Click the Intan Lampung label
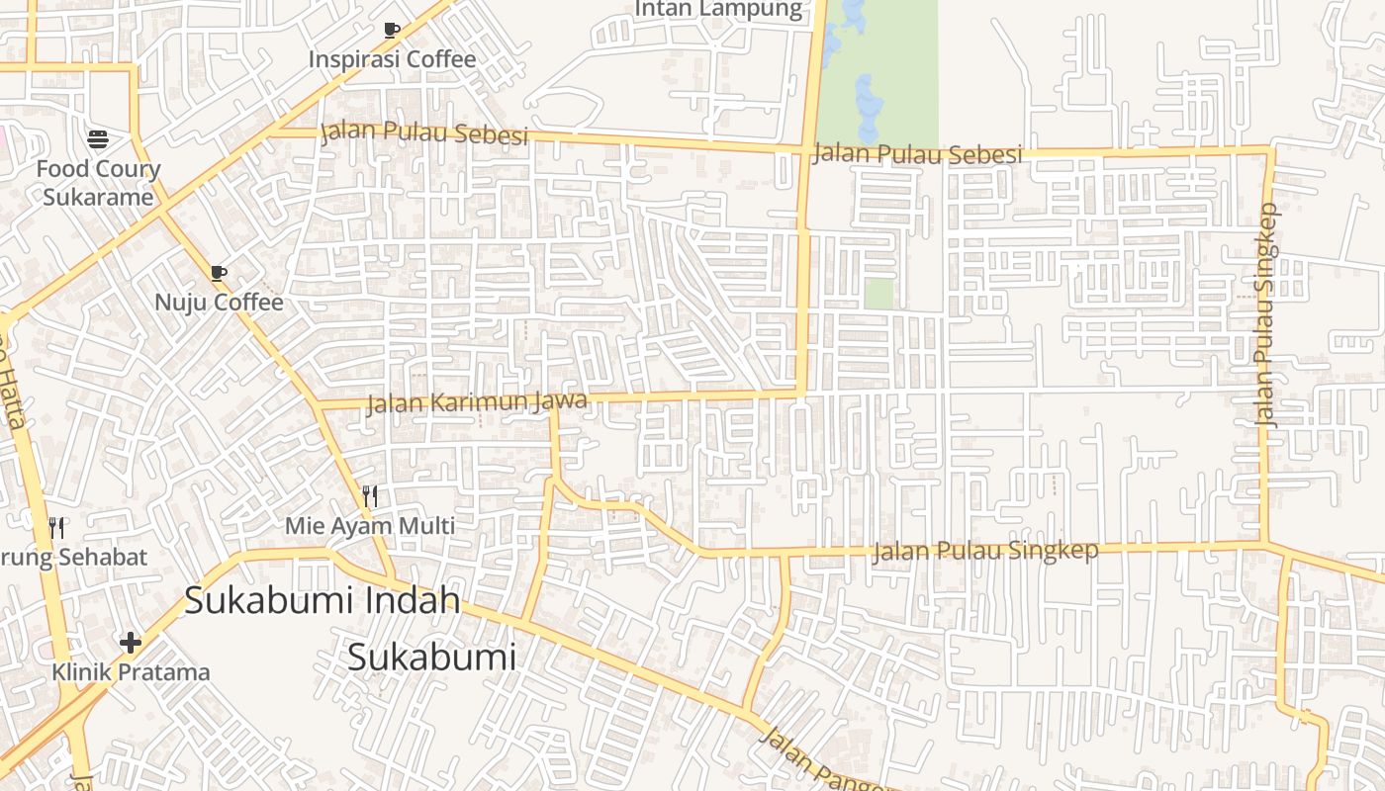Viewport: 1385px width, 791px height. (717, 9)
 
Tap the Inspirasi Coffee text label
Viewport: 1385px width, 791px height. (392, 59)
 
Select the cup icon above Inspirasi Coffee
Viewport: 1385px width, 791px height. (392, 30)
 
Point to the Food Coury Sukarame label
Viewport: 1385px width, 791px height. (98, 183)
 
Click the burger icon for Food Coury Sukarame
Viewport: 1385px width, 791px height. (98, 138)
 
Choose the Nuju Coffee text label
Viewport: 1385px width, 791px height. (219, 303)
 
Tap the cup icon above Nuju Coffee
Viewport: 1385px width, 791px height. (219, 273)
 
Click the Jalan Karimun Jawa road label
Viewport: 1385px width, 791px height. (477, 402)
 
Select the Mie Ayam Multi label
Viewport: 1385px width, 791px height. (370, 526)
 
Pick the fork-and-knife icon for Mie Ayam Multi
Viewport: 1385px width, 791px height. (370, 496)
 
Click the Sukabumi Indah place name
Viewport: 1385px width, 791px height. (323, 600)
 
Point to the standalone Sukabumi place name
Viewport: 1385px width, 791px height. (431, 657)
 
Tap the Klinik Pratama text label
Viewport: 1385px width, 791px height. (131, 672)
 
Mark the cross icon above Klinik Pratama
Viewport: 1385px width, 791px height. (130, 644)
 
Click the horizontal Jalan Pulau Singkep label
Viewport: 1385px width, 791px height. (984, 551)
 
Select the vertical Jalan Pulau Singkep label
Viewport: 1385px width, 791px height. (1267, 314)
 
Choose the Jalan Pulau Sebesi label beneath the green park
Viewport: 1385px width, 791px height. (916, 154)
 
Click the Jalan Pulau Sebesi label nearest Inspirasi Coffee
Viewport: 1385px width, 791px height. (424, 133)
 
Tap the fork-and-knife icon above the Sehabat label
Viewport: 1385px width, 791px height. (56, 528)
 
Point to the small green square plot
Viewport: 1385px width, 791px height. (878, 294)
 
